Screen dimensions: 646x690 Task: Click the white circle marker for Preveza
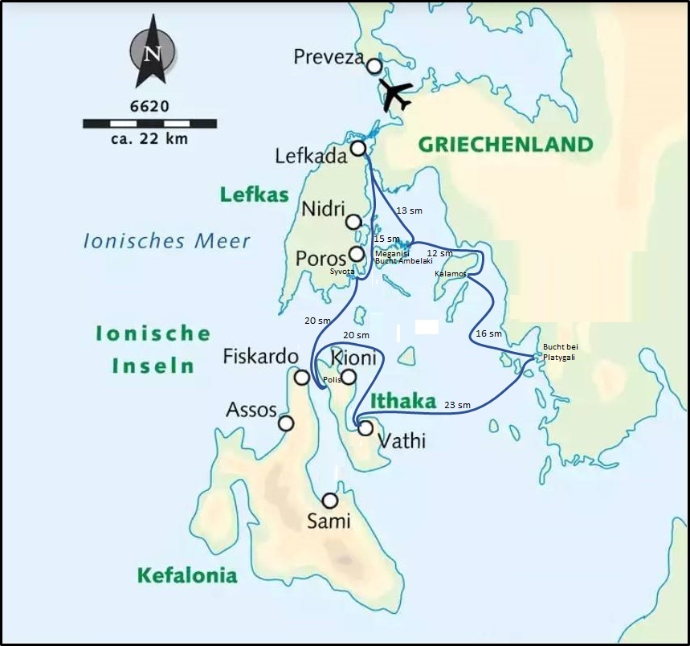pos(374,66)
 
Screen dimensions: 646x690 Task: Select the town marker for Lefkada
pos(358,148)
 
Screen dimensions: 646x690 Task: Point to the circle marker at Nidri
pos(353,222)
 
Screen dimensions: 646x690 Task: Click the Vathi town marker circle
pos(365,428)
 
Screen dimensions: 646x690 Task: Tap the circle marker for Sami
pos(329,501)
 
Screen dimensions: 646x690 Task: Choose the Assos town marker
pos(285,423)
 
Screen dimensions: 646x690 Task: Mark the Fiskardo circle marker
pos(302,378)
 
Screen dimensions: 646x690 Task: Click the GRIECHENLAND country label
pos(505,145)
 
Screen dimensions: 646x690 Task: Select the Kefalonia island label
pos(187,575)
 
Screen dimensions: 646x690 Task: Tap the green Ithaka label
pos(403,401)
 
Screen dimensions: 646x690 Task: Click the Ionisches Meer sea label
pos(167,240)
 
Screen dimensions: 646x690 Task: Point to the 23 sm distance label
pos(457,406)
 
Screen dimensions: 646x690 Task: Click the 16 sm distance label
pos(488,333)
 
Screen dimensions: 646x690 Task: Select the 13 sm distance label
pos(410,211)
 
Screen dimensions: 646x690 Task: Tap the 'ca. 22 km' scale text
pos(149,139)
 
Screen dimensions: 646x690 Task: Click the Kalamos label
pos(450,274)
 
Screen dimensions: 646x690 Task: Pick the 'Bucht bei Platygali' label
pos(560,352)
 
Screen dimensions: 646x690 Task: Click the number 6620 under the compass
pos(149,106)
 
